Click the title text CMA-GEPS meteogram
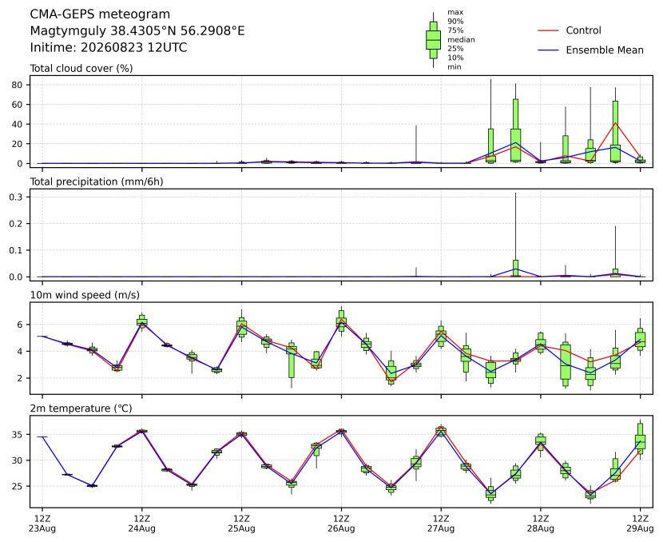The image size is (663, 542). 100,14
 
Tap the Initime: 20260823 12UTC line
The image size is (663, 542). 109,47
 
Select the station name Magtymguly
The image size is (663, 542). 69,31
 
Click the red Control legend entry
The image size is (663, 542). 569,30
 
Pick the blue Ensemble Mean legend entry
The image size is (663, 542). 590,50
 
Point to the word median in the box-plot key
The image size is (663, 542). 461,40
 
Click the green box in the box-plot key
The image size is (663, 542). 433,40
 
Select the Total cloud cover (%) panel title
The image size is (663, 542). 81,69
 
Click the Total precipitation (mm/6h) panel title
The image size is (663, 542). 97,181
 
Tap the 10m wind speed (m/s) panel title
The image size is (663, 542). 85,295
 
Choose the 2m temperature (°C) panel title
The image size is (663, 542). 81,408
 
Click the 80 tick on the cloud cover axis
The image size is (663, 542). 18,85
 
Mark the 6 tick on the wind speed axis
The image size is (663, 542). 19,325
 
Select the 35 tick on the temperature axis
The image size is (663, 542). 18,435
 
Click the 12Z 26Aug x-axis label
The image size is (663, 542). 341,524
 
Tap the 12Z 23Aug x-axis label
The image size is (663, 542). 42,524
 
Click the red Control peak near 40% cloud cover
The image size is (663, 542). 615,123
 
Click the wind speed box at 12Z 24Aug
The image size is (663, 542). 142,321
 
